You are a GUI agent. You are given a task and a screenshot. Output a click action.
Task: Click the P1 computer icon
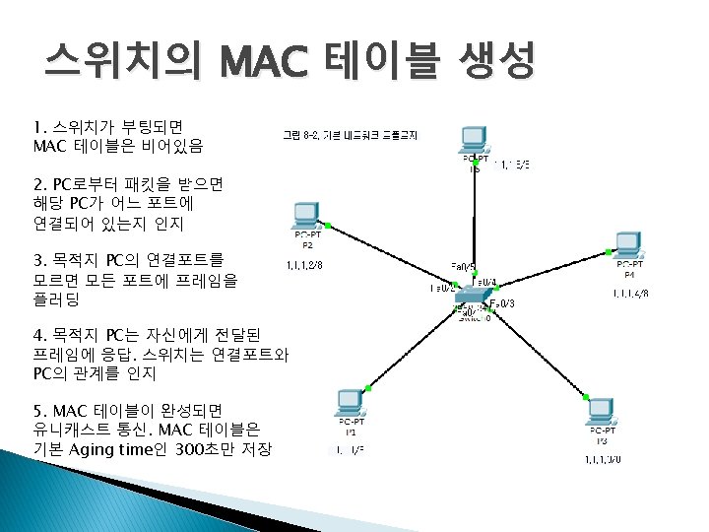click(x=349, y=403)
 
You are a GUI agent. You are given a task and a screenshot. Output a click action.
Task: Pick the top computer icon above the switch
click(x=475, y=140)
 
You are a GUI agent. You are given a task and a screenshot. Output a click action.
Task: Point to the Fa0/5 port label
click(x=464, y=267)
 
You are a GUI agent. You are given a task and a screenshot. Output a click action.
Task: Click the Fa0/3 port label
click(x=502, y=303)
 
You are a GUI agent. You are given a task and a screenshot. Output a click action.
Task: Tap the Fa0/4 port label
click(x=486, y=281)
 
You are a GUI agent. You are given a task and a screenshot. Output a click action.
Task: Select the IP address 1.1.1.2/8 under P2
click(x=302, y=264)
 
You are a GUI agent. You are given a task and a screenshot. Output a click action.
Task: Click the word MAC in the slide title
click(x=263, y=64)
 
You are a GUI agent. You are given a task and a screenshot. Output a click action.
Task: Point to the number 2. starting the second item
click(x=39, y=183)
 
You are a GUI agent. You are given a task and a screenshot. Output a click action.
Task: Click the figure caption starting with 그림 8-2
click(x=350, y=135)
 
